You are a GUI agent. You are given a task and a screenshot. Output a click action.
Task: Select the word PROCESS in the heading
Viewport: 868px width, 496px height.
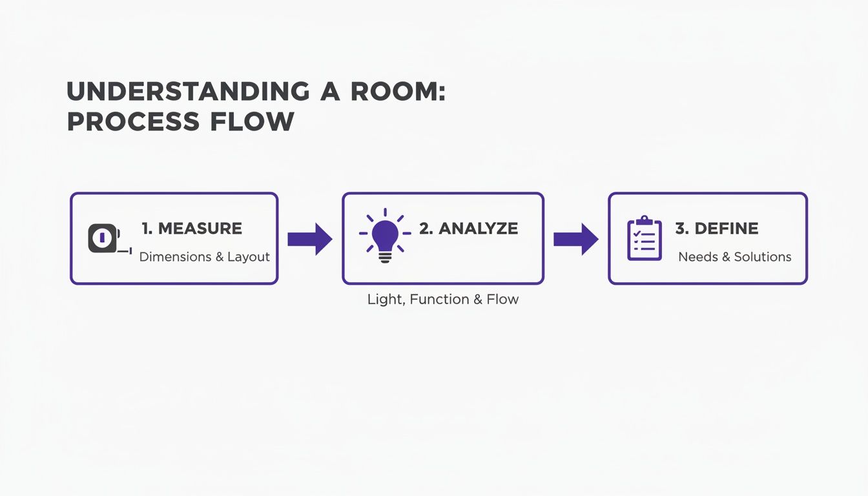(133, 121)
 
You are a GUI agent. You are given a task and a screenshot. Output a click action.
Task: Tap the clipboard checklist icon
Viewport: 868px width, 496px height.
(645, 238)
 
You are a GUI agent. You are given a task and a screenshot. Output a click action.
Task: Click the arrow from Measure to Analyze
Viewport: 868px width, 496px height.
(309, 239)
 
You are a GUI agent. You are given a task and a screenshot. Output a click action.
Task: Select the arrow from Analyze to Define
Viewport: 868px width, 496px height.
(576, 239)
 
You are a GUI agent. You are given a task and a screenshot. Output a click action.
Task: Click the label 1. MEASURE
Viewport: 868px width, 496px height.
(192, 229)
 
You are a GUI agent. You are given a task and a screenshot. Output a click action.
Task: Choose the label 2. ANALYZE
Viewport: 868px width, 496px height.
(468, 229)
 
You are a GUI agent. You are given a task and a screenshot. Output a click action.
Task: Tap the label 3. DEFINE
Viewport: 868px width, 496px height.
(717, 229)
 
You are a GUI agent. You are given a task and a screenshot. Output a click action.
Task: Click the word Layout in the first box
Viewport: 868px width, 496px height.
(248, 257)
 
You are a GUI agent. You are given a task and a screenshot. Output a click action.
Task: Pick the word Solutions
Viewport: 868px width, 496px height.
(762, 257)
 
